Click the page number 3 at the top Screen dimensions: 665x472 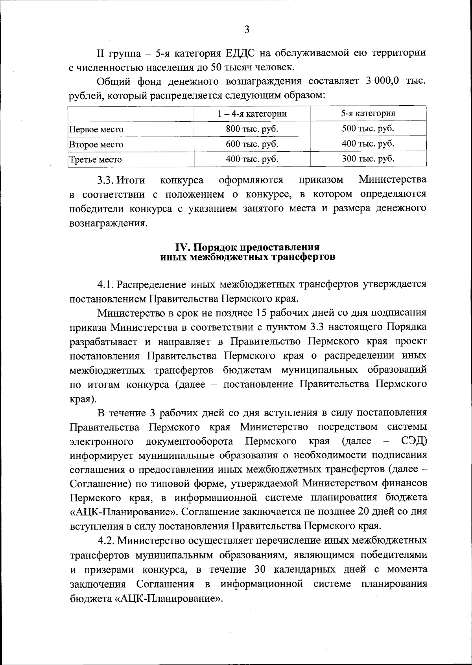pyautogui.click(x=247, y=30)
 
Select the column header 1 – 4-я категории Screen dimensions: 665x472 pyautogui.click(x=252, y=114)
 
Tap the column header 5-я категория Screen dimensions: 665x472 pyautogui.click(x=368, y=114)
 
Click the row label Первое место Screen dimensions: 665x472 pyautogui.click(x=96, y=129)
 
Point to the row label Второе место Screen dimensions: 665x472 pyautogui.click(x=96, y=144)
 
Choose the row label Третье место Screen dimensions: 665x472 pyautogui.click(x=96, y=159)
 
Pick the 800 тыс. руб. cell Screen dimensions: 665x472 pyautogui.click(x=252, y=129)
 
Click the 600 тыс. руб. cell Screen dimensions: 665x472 pyautogui.click(x=252, y=144)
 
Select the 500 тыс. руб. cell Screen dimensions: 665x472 pyautogui.click(x=368, y=128)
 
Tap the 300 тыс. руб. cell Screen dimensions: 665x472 pyautogui.click(x=368, y=159)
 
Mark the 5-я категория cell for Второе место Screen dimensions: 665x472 pyautogui.click(x=368, y=143)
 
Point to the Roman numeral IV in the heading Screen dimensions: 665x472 pyautogui.click(x=182, y=247)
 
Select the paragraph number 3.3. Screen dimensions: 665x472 pyautogui.click(x=106, y=180)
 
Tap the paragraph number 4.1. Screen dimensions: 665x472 pyautogui.click(x=106, y=284)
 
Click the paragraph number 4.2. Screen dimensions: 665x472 pyautogui.click(x=107, y=540)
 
